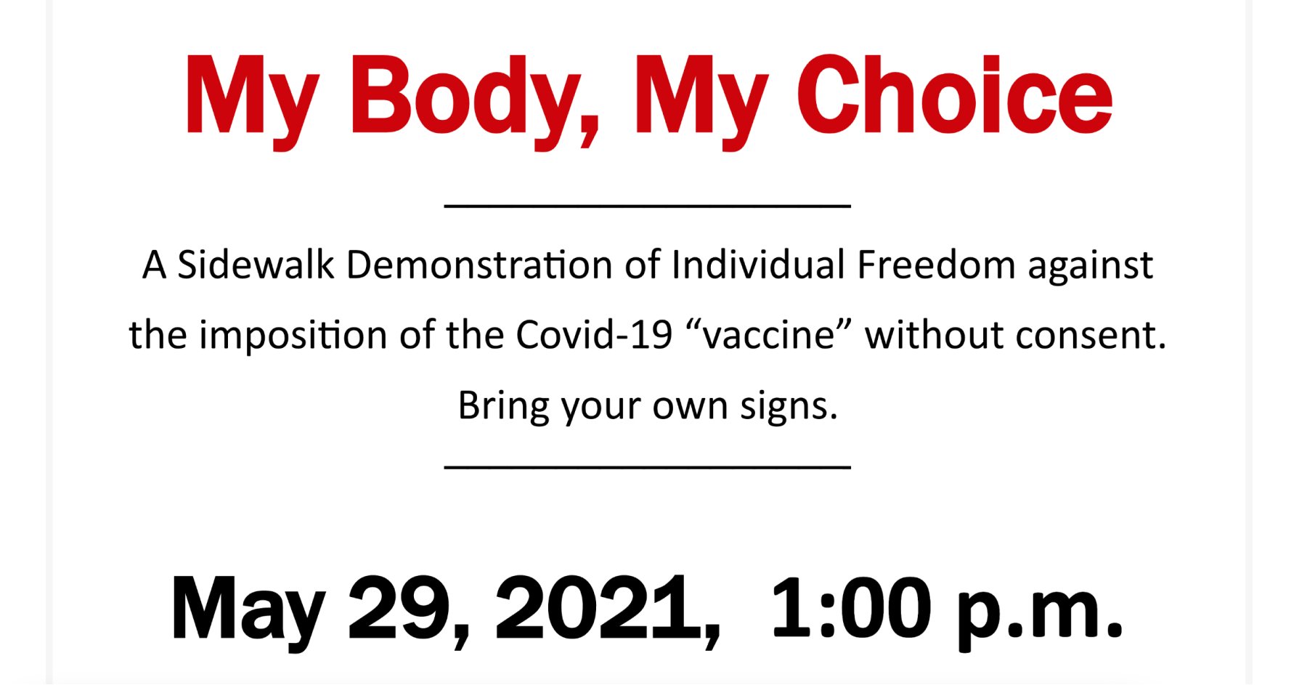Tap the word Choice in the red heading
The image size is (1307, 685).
click(954, 96)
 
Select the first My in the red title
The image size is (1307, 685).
click(252, 102)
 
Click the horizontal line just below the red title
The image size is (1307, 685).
click(647, 206)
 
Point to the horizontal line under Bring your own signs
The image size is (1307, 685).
click(647, 467)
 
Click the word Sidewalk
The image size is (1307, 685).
click(256, 264)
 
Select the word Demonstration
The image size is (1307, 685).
click(479, 264)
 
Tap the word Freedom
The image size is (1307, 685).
click(936, 264)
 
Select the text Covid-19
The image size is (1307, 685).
click(594, 335)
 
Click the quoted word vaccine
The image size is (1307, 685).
click(768, 335)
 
